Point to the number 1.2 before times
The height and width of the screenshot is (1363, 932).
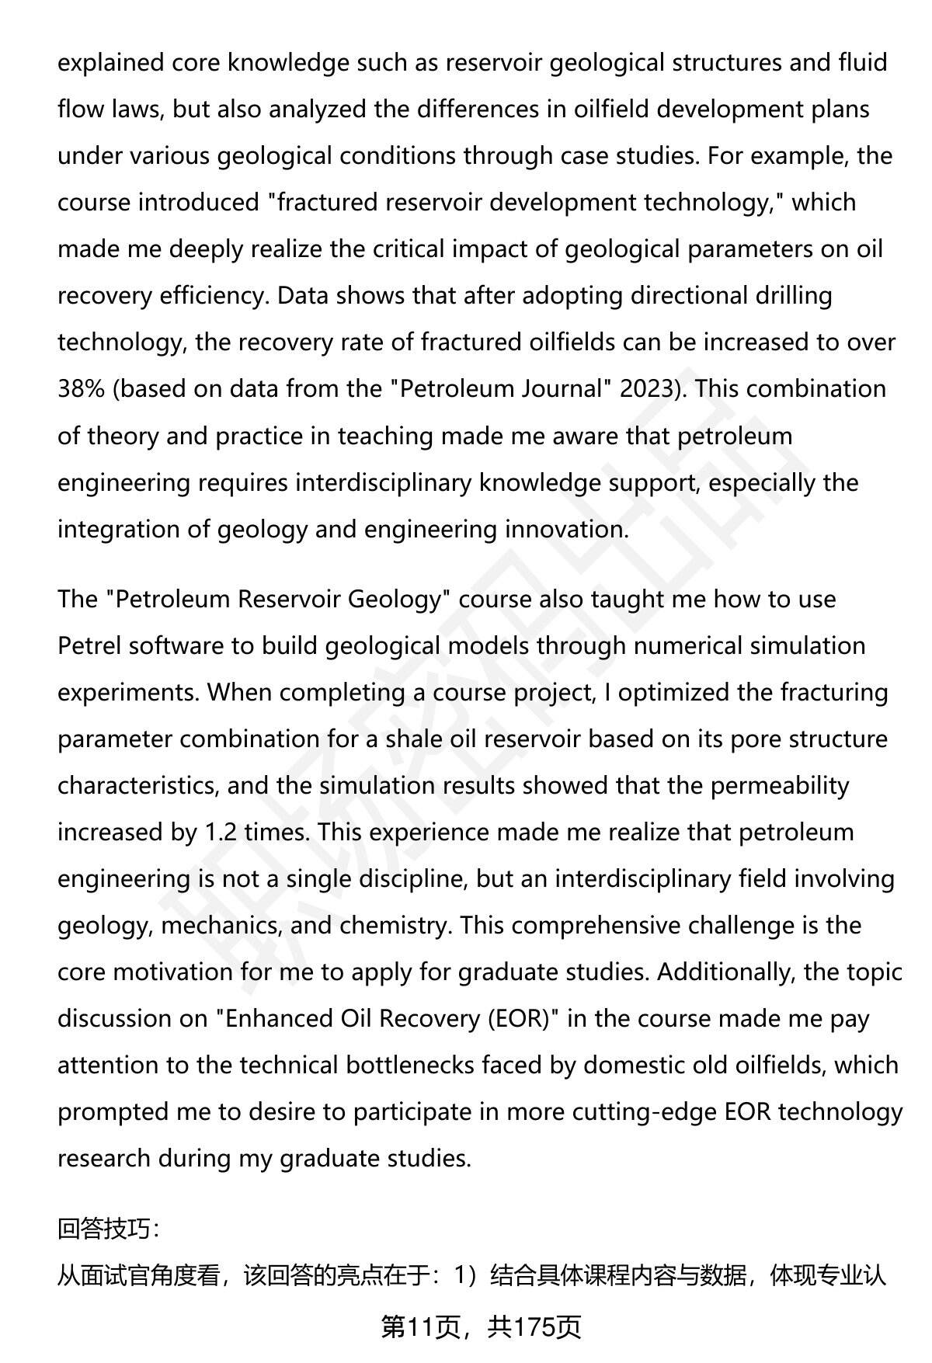click(x=221, y=832)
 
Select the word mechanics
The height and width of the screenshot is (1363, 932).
click(x=221, y=925)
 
